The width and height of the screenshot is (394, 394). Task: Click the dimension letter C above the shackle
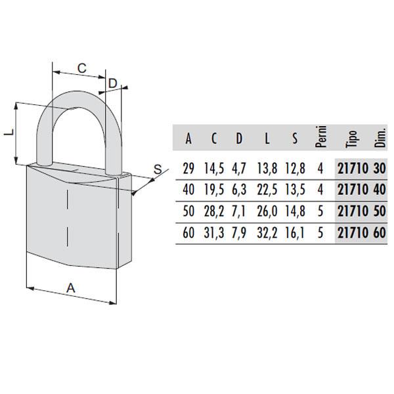click(82, 68)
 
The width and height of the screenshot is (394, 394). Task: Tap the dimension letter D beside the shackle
click(113, 83)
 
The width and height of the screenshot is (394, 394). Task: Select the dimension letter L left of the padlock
click(9, 133)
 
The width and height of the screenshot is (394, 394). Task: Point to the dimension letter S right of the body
click(158, 169)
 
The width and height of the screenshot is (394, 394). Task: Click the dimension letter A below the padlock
click(71, 288)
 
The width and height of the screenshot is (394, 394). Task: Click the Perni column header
click(321, 137)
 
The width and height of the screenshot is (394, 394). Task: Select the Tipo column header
click(351, 139)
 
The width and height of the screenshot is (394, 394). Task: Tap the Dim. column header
click(380, 138)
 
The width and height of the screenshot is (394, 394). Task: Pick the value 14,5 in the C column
click(214, 168)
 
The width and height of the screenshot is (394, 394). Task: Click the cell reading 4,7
click(239, 168)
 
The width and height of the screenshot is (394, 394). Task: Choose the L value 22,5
click(267, 190)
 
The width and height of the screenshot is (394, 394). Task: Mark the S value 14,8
click(295, 211)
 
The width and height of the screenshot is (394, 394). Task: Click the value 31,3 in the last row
click(214, 232)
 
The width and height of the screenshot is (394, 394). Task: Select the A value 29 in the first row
click(188, 168)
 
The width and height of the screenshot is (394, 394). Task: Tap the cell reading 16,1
click(294, 232)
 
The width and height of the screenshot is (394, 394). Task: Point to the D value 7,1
click(239, 211)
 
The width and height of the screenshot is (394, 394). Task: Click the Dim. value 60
click(380, 232)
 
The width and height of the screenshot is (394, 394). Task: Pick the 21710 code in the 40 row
click(353, 190)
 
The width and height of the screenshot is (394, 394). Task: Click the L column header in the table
click(267, 139)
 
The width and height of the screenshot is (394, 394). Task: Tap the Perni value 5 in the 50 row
click(320, 211)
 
